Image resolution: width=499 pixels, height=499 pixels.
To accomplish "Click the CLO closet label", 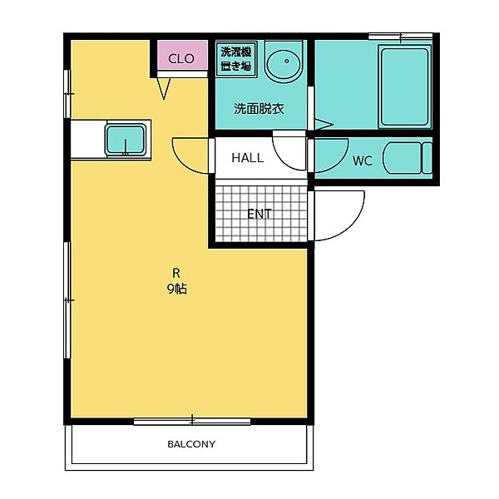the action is pos(181,58).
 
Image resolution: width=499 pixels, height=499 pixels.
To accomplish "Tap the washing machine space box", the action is pos(236,59).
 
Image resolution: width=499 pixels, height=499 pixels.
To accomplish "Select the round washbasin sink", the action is pos(284,62).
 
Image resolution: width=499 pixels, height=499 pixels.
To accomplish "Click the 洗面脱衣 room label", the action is pos(259,109).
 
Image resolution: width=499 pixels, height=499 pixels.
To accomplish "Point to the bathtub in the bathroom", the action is pos(404,86).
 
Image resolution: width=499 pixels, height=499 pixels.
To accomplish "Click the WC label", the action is pos(362,161).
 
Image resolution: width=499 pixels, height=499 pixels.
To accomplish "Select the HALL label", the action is pos(248,158).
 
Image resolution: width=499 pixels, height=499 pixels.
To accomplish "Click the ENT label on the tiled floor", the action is pos(259,214).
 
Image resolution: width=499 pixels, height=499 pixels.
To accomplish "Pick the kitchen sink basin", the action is pos(126,140).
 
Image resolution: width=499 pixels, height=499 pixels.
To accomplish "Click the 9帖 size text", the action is pos(177,289).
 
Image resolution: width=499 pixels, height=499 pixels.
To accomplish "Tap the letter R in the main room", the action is pos(176,273).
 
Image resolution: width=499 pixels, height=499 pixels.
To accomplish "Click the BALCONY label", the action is pos(191,444).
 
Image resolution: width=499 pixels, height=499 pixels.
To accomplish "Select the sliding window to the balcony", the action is pos(192,422).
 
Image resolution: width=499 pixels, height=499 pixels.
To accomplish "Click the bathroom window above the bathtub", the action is pos(400,37).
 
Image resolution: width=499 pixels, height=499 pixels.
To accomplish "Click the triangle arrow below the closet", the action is pos(164,88).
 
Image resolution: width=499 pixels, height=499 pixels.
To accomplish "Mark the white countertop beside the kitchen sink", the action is pos(88,139).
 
